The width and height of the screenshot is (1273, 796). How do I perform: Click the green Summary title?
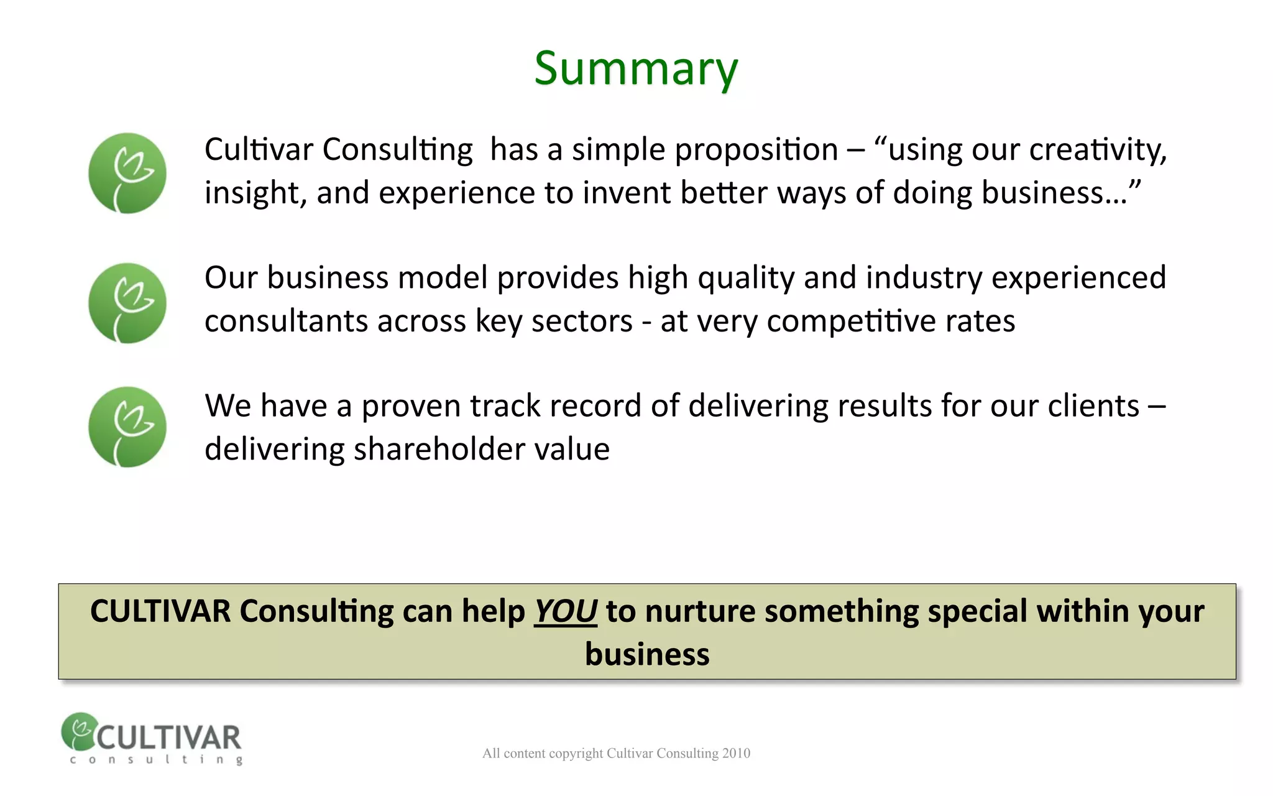point(636,68)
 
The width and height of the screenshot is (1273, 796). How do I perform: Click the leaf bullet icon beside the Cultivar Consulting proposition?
point(127,173)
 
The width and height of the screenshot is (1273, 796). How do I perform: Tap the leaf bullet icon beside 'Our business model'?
point(127,303)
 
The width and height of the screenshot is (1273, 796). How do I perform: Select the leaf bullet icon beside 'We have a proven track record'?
point(127,427)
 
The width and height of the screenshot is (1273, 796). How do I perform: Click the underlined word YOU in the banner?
point(566,611)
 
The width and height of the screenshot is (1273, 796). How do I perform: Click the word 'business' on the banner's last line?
point(647,655)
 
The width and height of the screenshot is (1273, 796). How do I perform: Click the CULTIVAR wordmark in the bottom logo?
point(168,738)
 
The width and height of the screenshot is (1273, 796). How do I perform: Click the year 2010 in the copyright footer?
point(736,754)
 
